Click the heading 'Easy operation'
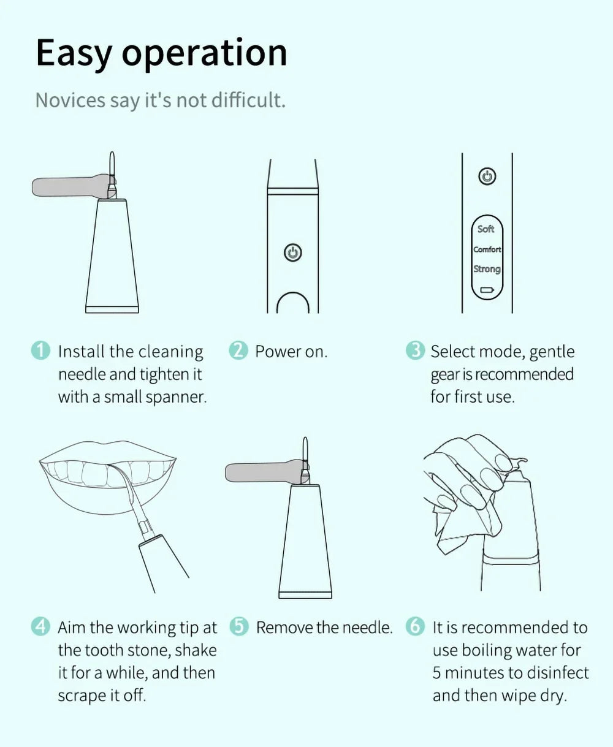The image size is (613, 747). click(x=161, y=54)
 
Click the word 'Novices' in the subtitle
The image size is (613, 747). click(x=70, y=100)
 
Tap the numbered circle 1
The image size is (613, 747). click(x=40, y=351)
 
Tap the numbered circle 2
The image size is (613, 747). click(x=238, y=351)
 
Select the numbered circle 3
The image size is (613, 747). click(x=415, y=351)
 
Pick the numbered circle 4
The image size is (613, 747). click(x=40, y=626)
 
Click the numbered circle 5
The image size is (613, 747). click(x=239, y=626)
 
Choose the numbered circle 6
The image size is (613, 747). click(x=415, y=626)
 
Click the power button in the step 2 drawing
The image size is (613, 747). click(x=293, y=252)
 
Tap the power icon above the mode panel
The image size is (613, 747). click(x=487, y=176)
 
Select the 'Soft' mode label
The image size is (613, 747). click(x=485, y=229)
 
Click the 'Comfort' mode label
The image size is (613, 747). click(x=487, y=249)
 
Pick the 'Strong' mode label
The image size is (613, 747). click(x=487, y=269)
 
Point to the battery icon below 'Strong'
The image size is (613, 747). click(x=487, y=290)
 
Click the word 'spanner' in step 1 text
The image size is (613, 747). click(x=177, y=398)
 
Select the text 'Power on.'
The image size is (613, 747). click(x=291, y=351)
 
